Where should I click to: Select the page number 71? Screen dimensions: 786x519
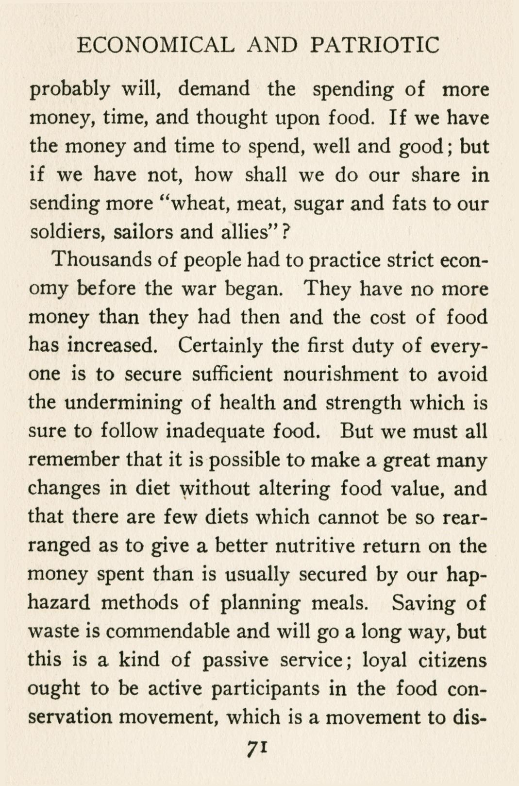(258, 748)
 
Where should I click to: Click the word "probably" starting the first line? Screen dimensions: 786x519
(70, 90)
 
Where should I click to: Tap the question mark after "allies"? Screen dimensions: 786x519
(286, 232)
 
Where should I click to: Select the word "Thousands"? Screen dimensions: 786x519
(100, 260)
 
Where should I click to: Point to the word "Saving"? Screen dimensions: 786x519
(424, 603)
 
